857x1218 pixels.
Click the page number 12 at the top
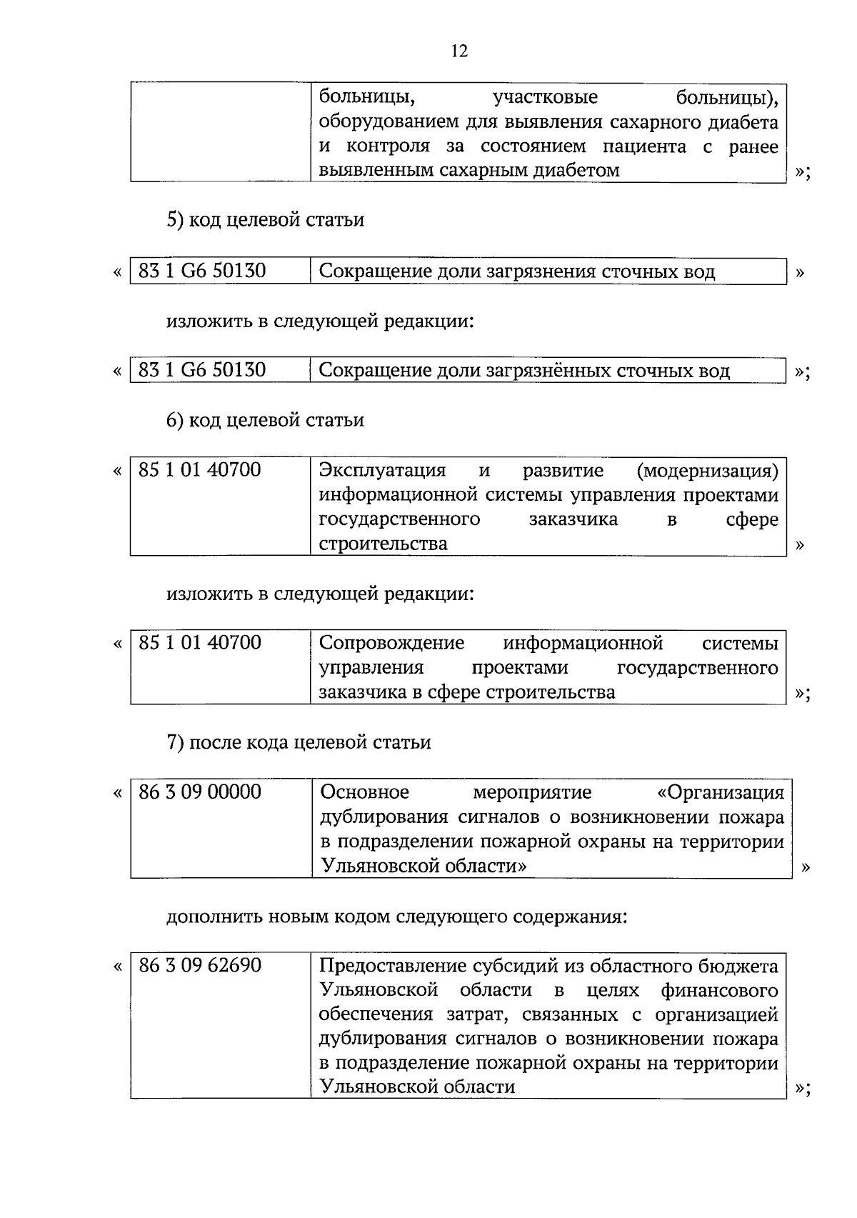[459, 51]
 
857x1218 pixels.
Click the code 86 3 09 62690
[200, 966]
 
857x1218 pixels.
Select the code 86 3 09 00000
[200, 792]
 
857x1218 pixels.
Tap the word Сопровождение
[391, 644]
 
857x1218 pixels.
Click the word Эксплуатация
[382, 471]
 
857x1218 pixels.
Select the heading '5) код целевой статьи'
[265, 219]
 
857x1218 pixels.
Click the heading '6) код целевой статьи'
[265, 420]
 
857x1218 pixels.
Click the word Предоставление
[394, 967]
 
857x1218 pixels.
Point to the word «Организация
[720, 793]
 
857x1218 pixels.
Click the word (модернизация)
[706, 471]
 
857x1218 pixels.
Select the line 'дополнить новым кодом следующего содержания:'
[396, 916]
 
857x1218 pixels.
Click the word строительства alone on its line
[383, 544]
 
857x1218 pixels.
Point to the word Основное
[364, 793]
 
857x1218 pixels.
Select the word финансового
[719, 991]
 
